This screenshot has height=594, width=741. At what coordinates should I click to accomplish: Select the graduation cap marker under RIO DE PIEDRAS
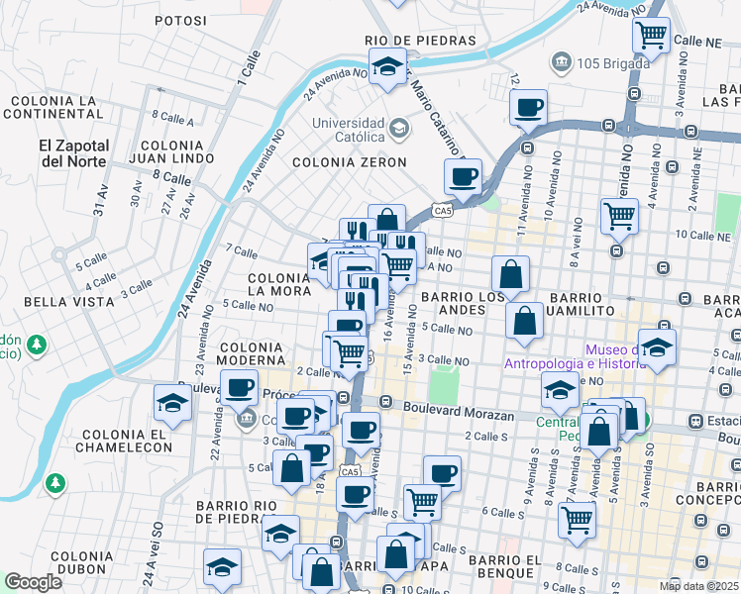(x=386, y=66)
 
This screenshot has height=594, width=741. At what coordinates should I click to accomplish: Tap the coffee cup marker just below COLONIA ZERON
(x=463, y=176)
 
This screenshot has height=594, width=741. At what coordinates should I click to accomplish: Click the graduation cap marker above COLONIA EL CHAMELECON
(x=172, y=403)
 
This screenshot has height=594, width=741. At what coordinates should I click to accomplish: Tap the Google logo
(x=33, y=582)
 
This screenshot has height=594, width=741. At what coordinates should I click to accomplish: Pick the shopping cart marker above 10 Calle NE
(x=619, y=213)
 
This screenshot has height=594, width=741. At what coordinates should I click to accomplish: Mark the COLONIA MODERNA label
(x=258, y=355)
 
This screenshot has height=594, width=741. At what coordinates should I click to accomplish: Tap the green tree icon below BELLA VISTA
(x=37, y=345)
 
